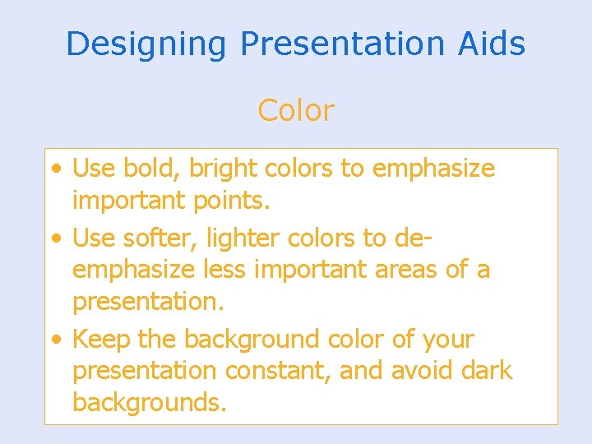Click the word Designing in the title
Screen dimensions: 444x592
(146, 44)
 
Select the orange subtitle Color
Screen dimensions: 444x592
(296, 110)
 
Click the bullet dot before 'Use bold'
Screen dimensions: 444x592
(54, 169)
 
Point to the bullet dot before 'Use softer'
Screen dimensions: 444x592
(54, 239)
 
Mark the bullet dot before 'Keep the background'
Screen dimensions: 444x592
(54, 340)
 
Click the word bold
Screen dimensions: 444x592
(152, 169)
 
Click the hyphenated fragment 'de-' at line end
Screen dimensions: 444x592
(414, 238)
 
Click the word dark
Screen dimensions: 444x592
(486, 370)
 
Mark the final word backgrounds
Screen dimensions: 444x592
(149, 402)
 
